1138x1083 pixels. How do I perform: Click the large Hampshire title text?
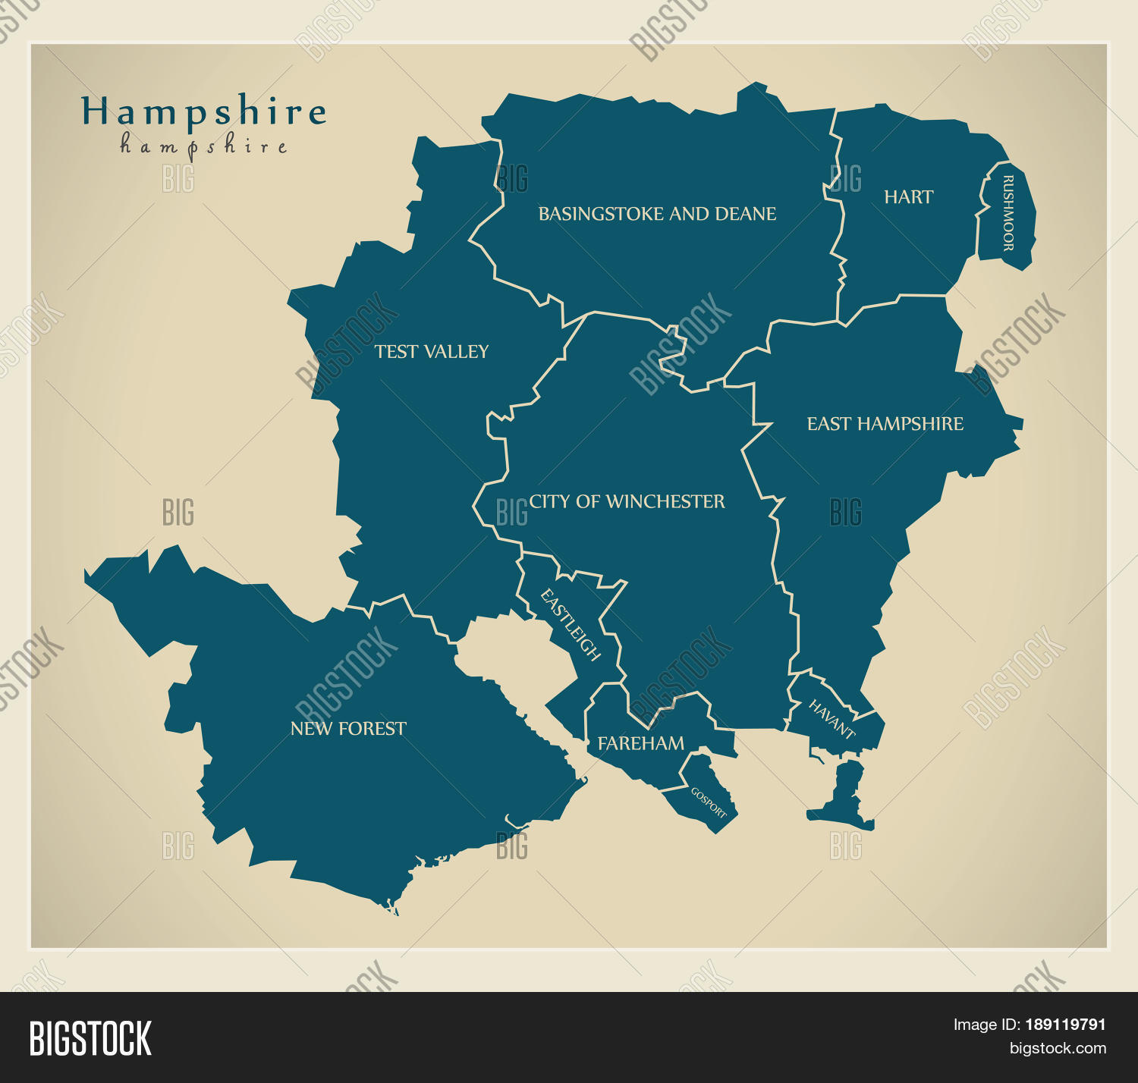(203, 112)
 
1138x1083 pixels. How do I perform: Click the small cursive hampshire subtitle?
(203, 146)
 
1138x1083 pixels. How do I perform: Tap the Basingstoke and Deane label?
(657, 215)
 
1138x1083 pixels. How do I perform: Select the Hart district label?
(908, 197)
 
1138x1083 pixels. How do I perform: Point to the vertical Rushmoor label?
(1008, 213)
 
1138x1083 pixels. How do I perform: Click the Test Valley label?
(431, 352)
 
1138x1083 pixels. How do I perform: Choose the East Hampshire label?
(885, 424)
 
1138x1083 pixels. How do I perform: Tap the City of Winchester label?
(627, 501)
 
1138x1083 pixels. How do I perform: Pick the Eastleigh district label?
(571, 625)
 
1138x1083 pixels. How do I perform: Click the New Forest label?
(348, 729)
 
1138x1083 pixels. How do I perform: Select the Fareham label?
(640, 744)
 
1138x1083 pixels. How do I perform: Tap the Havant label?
(831, 719)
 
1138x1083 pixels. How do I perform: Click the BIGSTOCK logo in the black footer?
(90, 1038)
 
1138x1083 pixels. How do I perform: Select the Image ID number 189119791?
(1065, 1025)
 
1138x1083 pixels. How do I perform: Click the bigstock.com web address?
(1057, 1049)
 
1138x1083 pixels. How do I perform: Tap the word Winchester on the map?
(665, 501)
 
